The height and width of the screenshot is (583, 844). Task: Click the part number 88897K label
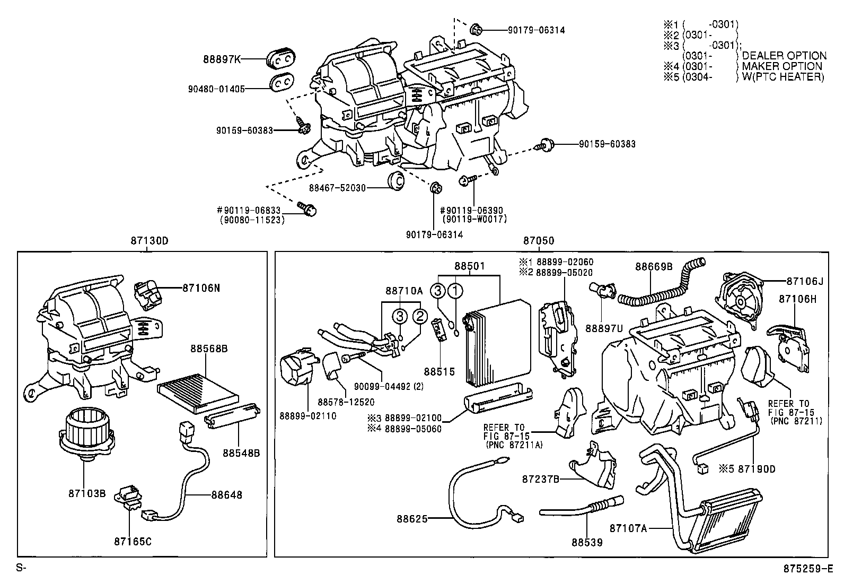(x=222, y=59)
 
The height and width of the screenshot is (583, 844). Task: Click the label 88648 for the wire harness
(x=226, y=495)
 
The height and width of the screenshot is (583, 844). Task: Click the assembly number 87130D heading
(x=150, y=241)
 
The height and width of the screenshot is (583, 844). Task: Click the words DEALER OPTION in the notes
(x=784, y=56)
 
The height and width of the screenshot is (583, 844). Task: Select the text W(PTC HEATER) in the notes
(x=783, y=77)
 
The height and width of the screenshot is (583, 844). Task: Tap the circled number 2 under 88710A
(x=419, y=317)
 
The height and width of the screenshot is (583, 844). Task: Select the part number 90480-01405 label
(x=216, y=89)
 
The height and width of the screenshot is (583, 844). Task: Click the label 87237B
(x=540, y=478)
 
